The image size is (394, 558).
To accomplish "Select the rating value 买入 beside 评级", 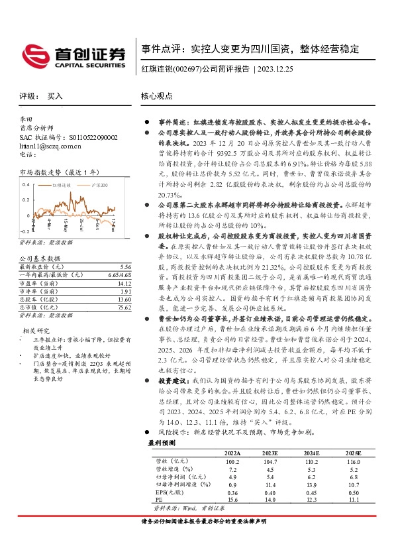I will tap(55, 96).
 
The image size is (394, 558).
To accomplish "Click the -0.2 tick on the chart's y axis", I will tap(25, 233).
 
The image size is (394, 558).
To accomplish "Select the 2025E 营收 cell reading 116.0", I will tap(354, 480).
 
